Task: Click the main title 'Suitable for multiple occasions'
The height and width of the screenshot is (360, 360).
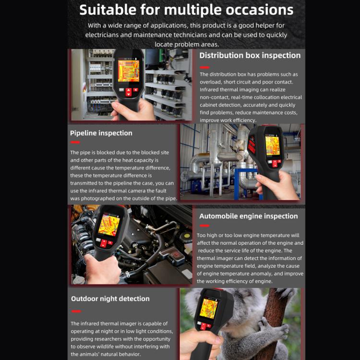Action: (186, 10)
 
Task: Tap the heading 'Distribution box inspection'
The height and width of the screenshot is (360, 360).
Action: (250, 55)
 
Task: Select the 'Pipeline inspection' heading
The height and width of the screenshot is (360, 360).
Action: (101, 133)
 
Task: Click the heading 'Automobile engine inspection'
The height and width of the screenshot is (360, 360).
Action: (248, 216)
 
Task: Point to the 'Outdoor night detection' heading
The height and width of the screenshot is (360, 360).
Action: (110, 299)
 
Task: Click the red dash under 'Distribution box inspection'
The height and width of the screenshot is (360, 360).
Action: (204, 64)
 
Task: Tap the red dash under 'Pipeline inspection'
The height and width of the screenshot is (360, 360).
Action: (75, 142)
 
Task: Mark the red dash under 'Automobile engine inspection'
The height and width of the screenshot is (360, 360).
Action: (204, 225)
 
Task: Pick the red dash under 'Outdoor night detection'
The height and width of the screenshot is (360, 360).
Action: (75, 312)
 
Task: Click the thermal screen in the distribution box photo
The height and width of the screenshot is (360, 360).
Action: (129, 71)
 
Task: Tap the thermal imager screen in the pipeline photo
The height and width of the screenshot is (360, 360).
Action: (272, 145)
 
